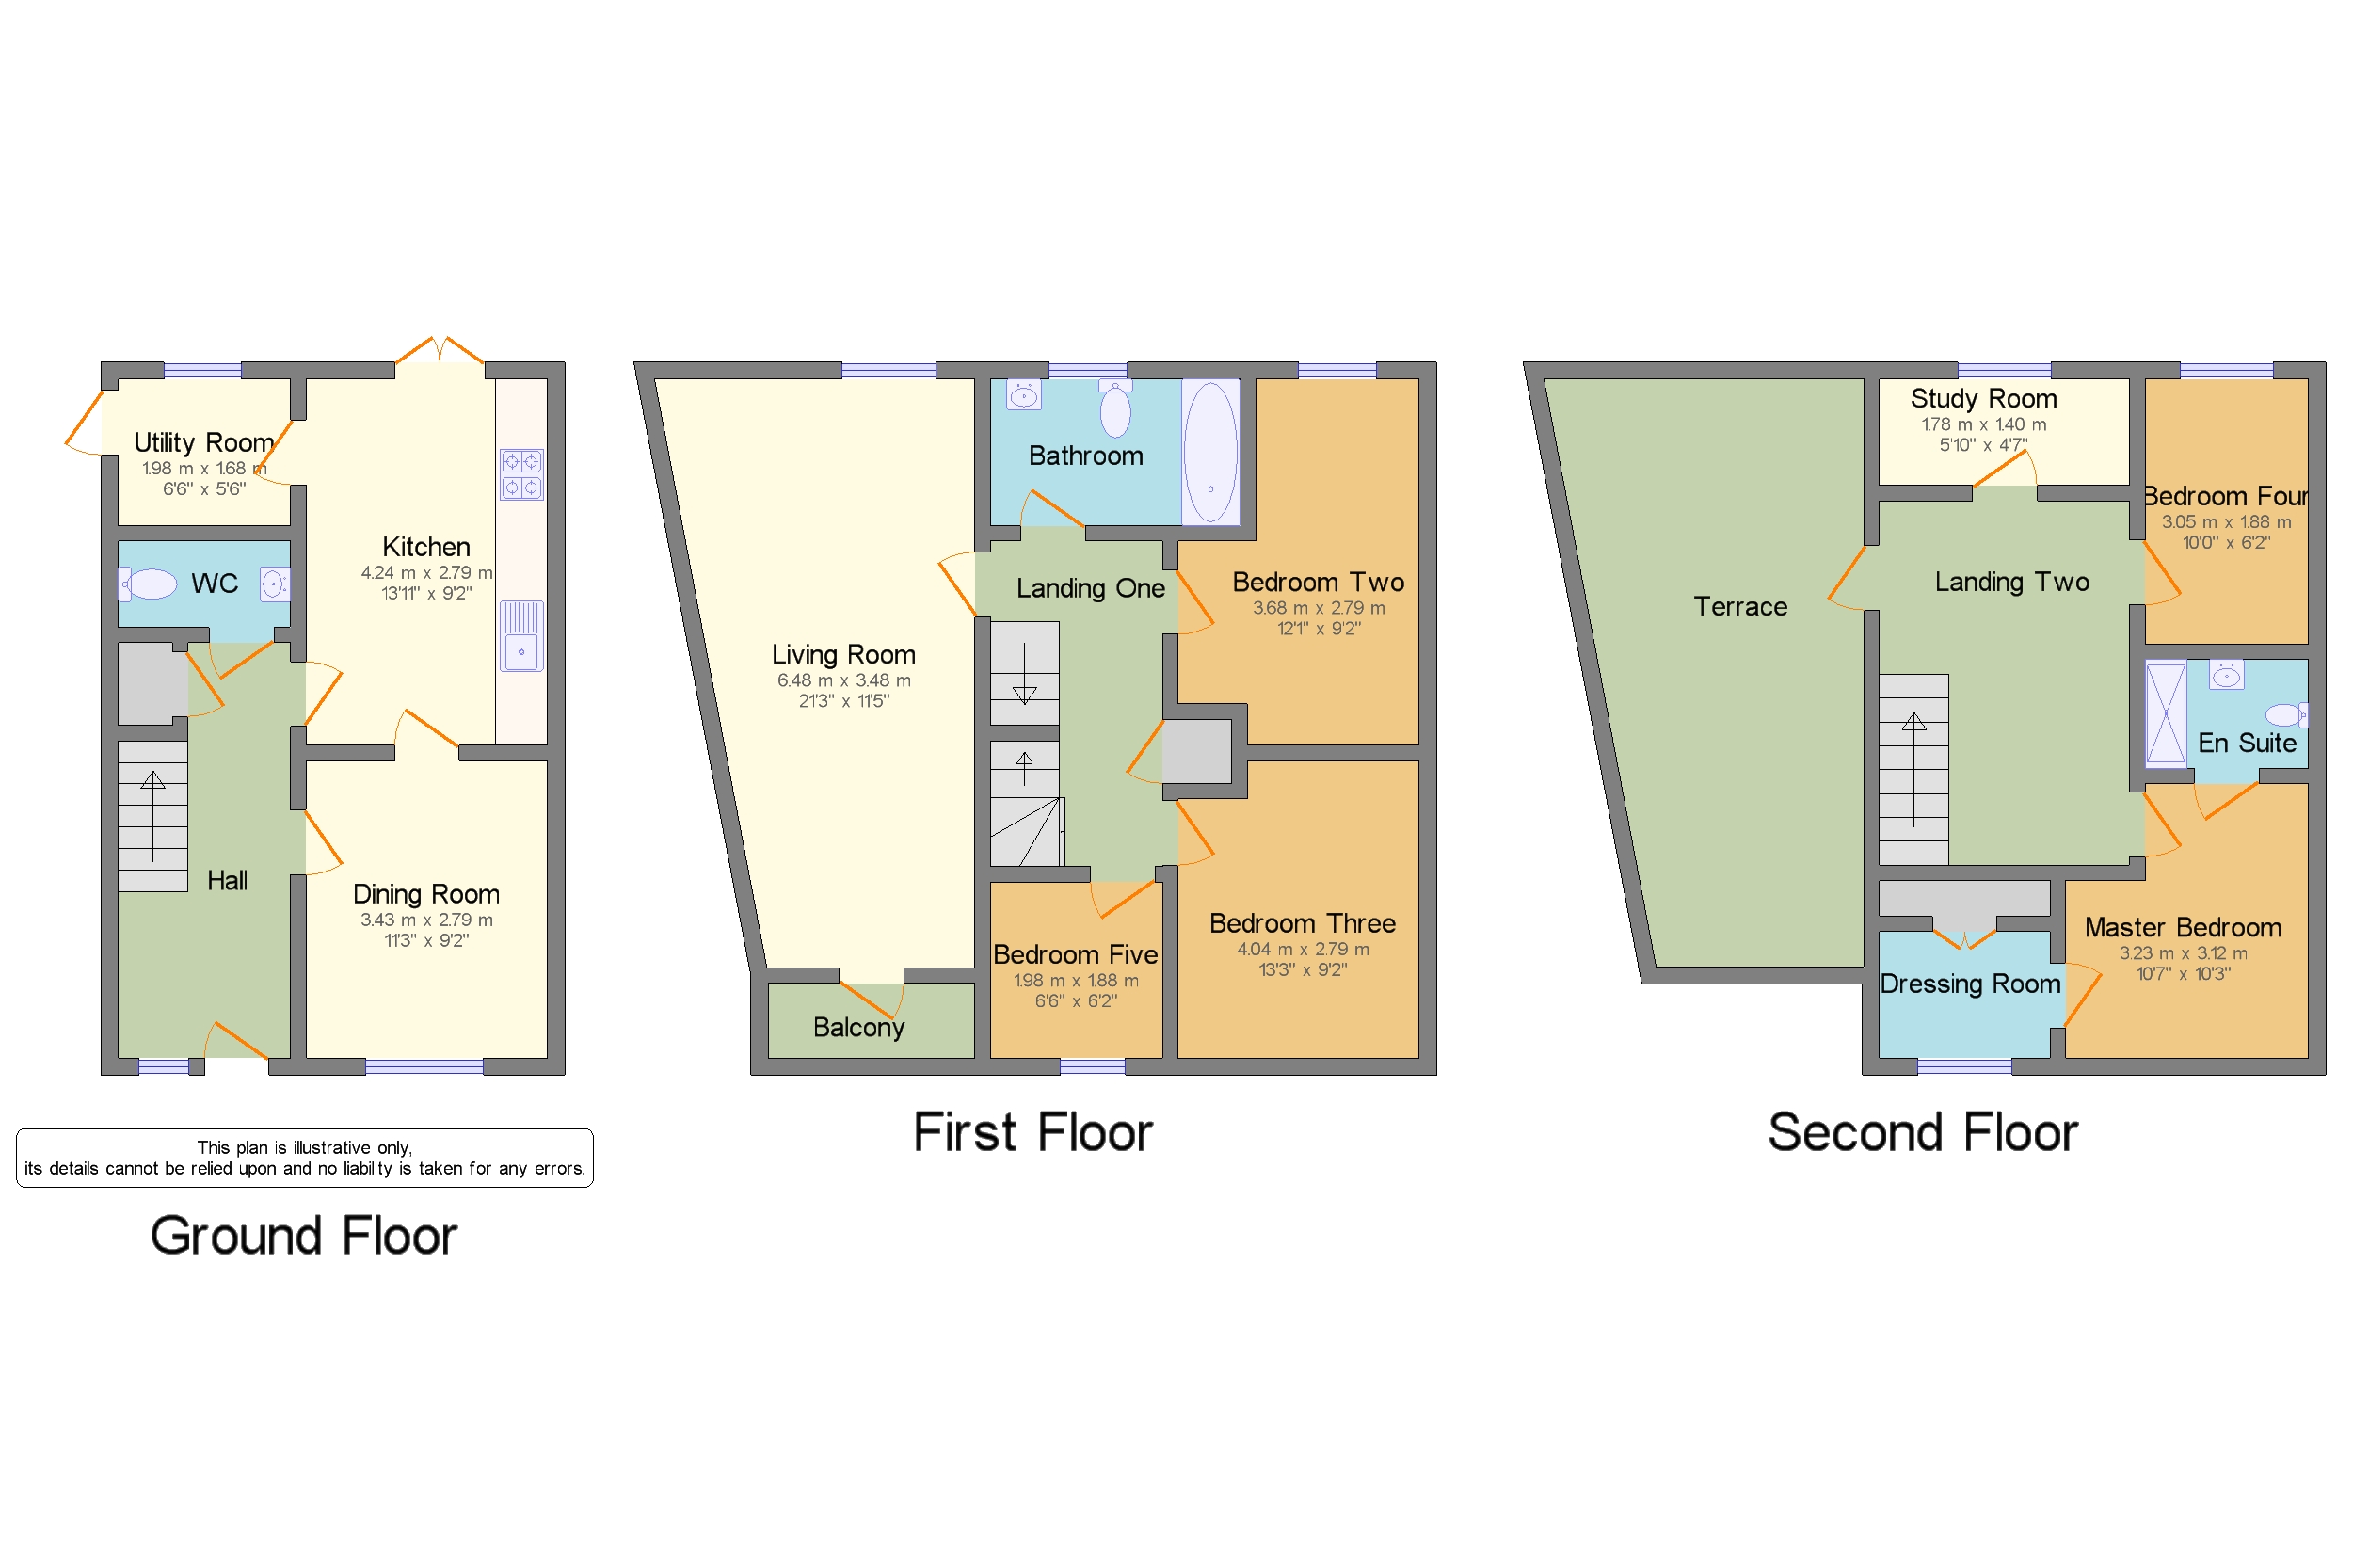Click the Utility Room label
[x=203, y=442]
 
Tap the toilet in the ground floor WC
[x=149, y=583]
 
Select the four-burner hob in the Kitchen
[x=521, y=474]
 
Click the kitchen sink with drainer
[x=521, y=635]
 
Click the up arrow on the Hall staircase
[x=153, y=781]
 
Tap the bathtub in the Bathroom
[x=1210, y=452]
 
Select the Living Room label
[x=843, y=654]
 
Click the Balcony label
[x=858, y=1027]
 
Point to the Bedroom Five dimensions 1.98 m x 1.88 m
[x=1075, y=980]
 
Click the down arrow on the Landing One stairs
[x=1024, y=693]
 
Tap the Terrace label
[x=1740, y=606]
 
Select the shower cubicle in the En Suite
[x=2165, y=713]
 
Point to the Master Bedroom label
[x=2182, y=927]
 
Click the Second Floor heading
[x=1922, y=1132]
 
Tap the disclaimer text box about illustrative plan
[x=304, y=1158]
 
